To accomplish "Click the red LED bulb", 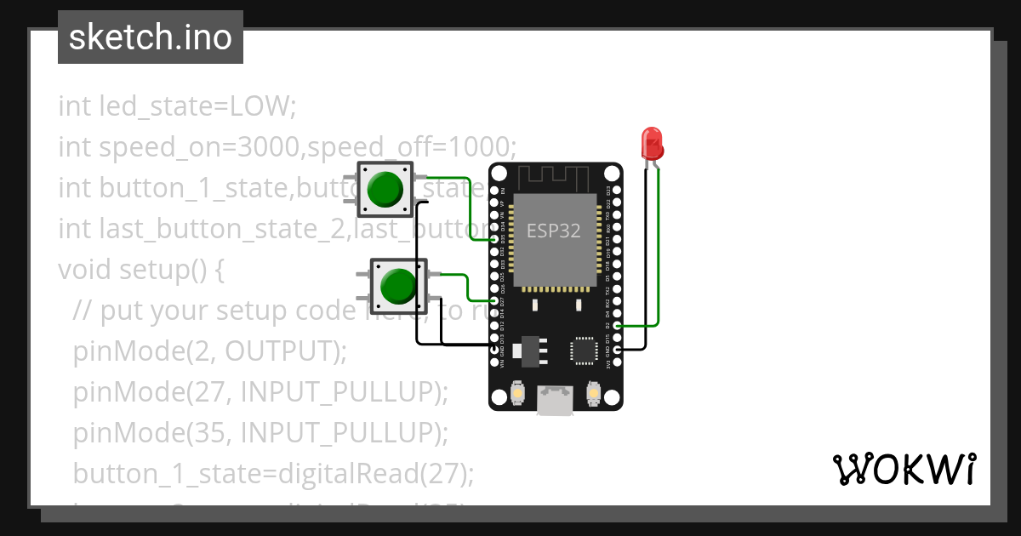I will tap(652, 142).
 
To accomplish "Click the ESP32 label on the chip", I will tap(553, 231).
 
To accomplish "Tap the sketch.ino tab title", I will tap(151, 37).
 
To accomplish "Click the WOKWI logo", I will tap(903, 470).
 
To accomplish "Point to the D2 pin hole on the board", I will tap(618, 326).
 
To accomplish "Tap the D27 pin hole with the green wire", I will tap(496, 301).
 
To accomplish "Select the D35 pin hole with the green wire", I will tap(496, 241).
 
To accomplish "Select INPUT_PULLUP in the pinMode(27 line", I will tap(339, 391).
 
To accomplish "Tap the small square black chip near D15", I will tap(585, 350).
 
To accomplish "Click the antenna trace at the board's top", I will tap(555, 176).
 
